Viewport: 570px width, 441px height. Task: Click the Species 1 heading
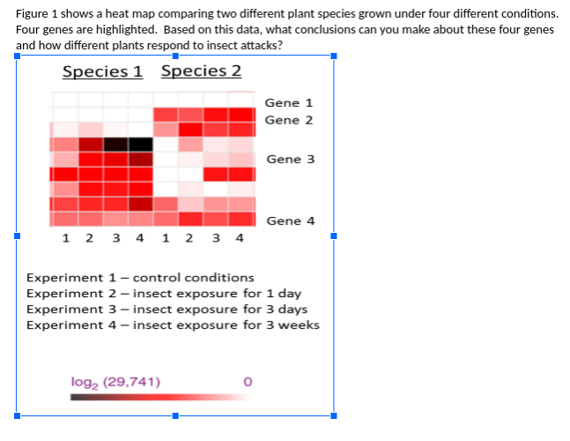(102, 71)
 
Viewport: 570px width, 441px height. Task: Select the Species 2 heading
(201, 71)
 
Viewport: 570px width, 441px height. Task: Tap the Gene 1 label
(288, 103)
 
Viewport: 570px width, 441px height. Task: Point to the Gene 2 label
(288, 120)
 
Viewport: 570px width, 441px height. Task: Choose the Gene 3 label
(290, 160)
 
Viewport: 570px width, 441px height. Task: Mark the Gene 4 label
(290, 221)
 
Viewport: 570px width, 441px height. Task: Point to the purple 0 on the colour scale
(248, 382)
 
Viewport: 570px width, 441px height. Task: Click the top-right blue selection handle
(333, 57)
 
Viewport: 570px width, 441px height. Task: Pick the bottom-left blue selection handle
(16, 415)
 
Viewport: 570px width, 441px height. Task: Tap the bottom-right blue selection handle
(333, 415)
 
